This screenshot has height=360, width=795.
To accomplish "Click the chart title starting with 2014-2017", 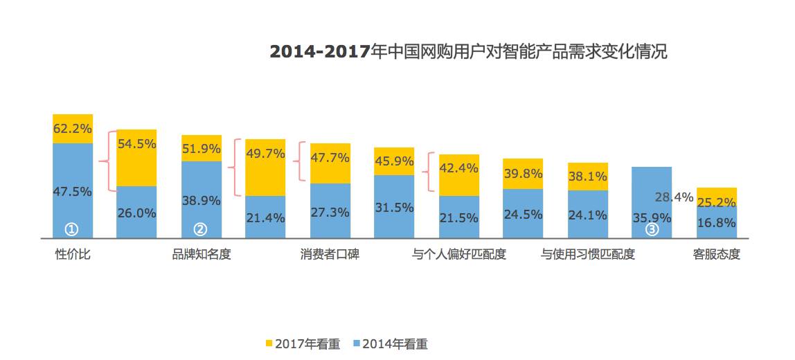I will (468, 52).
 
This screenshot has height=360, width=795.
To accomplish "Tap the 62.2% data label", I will (72, 127).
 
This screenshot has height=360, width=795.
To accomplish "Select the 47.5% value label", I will (72, 192).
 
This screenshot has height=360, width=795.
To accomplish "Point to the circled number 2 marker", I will (200, 229).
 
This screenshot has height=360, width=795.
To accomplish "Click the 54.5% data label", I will (136, 144).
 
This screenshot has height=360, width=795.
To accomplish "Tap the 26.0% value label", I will (136, 213).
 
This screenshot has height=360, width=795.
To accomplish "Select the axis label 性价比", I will (73, 254).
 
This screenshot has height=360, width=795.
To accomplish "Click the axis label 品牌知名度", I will (202, 254).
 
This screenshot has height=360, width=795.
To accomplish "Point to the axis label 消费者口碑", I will (330, 254).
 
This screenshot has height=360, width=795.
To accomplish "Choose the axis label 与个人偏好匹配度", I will (459, 254).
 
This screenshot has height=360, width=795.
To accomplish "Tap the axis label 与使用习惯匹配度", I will (588, 254).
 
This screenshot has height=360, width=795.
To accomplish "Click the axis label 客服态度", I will (717, 254).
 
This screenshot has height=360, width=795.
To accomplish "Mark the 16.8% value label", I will (717, 222).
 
